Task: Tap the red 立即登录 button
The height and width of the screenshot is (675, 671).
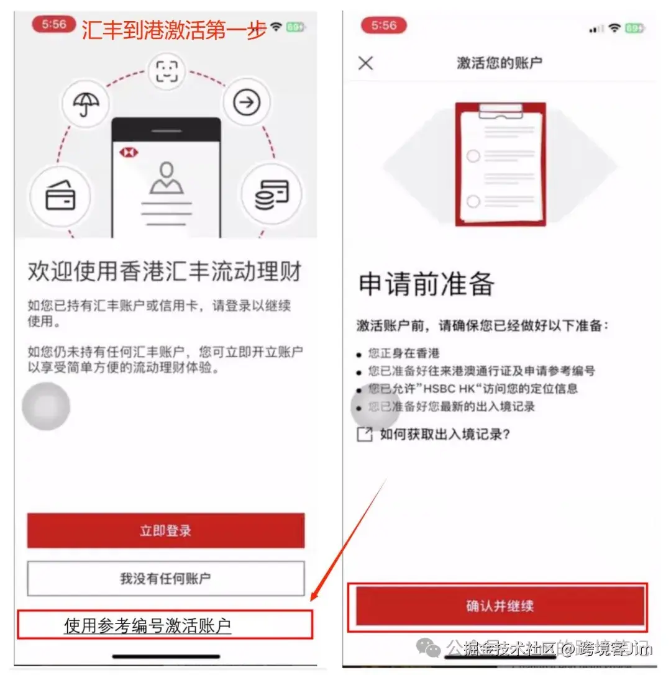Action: pyautogui.click(x=165, y=530)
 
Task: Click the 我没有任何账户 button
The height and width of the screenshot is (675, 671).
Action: pyautogui.click(x=165, y=579)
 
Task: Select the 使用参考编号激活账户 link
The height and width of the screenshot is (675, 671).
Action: pyautogui.click(x=148, y=625)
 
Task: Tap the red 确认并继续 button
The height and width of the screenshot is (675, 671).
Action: pyautogui.click(x=500, y=606)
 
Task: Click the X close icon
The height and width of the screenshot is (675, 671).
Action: pyautogui.click(x=366, y=63)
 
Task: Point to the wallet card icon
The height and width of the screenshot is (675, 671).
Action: pyautogui.click(x=60, y=196)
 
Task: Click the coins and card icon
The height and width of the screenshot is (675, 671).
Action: pyautogui.click(x=272, y=194)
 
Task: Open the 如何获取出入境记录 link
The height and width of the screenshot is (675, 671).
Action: pyautogui.click(x=445, y=435)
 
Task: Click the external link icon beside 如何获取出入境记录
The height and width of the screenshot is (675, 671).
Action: pyautogui.click(x=364, y=435)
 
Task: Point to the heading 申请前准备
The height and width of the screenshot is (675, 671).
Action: pyautogui.click(x=426, y=284)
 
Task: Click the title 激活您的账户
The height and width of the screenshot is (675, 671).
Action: pyautogui.click(x=500, y=63)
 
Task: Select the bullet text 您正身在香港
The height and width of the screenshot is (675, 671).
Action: pyautogui.click(x=404, y=353)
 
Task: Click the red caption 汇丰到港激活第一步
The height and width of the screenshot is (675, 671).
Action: pyautogui.click(x=174, y=29)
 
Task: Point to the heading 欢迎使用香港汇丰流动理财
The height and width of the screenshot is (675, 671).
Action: pyautogui.click(x=165, y=272)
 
